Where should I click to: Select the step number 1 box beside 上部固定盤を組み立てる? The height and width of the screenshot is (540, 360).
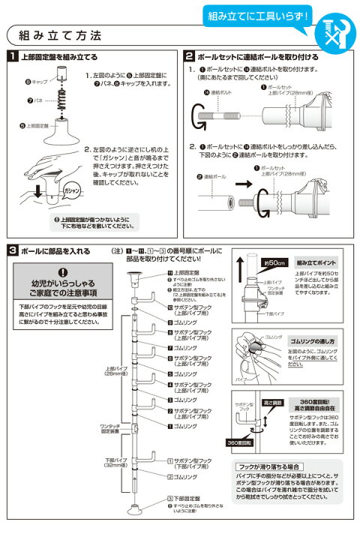pyautogui.click(x=13, y=56)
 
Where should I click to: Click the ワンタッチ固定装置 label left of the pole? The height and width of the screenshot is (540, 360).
pyautogui.click(x=110, y=427)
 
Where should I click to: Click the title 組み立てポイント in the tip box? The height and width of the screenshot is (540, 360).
pyautogui.click(x=310, y=263)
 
